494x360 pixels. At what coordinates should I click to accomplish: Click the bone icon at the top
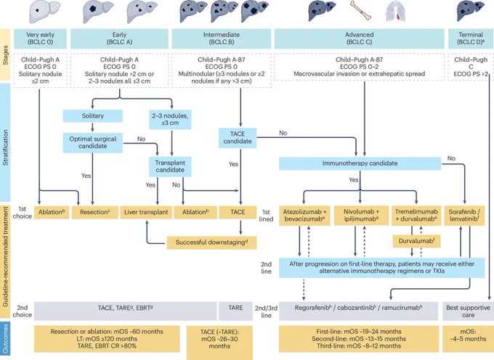pyautogui.click(x=360, y=11)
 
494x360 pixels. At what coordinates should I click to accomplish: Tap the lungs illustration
pyautogui.click(x=397, y=12)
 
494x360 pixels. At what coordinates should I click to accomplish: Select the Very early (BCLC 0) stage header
pyautogui.click(x=40, y=38)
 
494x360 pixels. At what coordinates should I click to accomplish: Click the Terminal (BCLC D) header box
pyautogui.click(x=471, y=38)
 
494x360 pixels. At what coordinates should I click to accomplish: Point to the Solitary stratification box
pyautogui.click(x=93, y=116)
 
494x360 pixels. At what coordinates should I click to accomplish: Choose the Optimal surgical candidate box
pyautogui.click(x=93, y=142)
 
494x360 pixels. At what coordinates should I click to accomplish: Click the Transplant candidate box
pyautogui.click(x=170, y=166)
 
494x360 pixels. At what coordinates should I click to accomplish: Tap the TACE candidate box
pyautogui.click(x=238, y=137)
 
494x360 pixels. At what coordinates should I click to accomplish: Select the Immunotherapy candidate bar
pyautogui.click(x=360, y=163)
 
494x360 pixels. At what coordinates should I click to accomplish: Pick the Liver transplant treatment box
pyautogui.click(x=146, y=212)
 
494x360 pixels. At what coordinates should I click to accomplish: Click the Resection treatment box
pyautogui.click(x=95, y=212)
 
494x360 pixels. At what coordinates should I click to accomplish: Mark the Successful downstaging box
pyautogui.click(x=211, y=242)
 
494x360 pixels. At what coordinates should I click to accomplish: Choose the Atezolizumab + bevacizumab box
pyautogui.click(x=304, y=216)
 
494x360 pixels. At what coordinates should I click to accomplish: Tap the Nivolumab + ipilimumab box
pyautogui.click(x=361, y=216)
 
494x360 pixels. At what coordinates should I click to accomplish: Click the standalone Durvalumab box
pyautogui.click(x=416, y=242)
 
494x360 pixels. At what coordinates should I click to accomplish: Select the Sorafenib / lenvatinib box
pyautogui.click(x=464, y=216)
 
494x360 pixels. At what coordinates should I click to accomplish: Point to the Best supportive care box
pyautogui.click(x=468, y=311)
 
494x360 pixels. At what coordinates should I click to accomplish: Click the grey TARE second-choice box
pyautogui.click(x=235, y=311)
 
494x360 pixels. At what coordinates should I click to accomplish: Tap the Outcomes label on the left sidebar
pyautogui.click(x=5, y=339)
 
